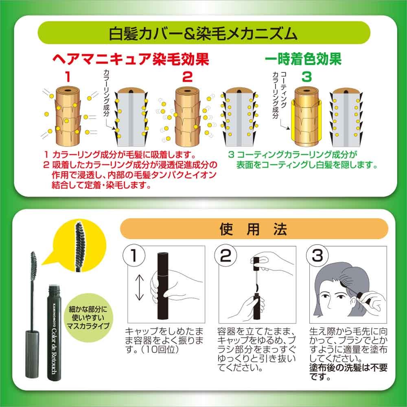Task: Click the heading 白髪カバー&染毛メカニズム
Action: pos(203,33)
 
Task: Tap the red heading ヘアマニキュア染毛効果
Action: pos(131,59)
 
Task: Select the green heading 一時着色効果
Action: pos(303,59)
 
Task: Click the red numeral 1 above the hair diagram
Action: pos(68,77)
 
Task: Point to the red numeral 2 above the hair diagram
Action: pos(187,77)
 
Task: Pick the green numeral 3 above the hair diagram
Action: pos(306,77)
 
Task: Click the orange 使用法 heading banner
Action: pos(254,229)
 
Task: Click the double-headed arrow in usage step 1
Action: pos(139,287)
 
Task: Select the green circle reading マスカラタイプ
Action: pos(88,317)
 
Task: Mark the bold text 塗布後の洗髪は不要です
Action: pos(348,372)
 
